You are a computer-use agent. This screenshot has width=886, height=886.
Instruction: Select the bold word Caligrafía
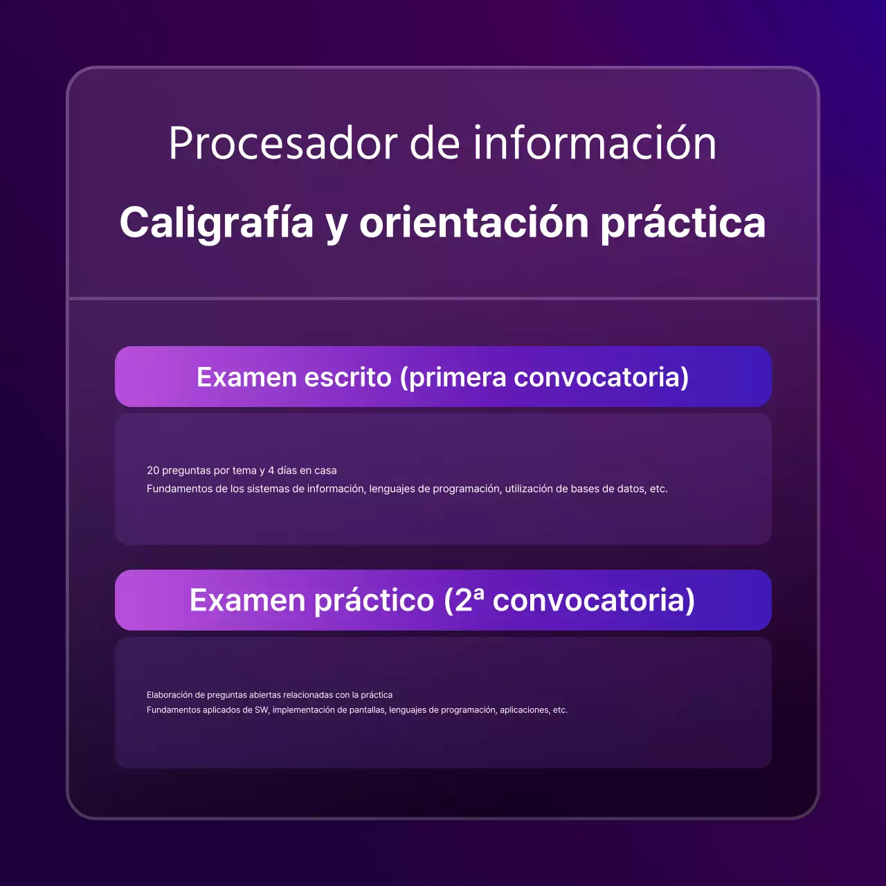(x=217, y=223)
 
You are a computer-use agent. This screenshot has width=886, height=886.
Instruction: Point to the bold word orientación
(x=473, y=223)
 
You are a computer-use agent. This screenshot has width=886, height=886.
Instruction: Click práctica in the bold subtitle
(x=682, y=223)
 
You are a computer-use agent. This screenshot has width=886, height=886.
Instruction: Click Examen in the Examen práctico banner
(x=247, y=600)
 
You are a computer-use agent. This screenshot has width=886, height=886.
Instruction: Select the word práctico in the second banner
(x=374, y=600)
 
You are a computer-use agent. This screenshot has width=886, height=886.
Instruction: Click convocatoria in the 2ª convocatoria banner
(x=593, y=600)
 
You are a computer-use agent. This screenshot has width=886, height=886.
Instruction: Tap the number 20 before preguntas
(x=153, y=471)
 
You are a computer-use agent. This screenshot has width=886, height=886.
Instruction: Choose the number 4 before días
(x=271, y=471)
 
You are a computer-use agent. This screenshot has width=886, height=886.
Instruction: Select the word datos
(x=631, y=489)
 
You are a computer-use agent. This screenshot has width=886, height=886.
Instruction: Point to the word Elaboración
(x=170, y=695)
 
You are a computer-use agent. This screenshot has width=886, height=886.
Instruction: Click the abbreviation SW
(x=262, y=710)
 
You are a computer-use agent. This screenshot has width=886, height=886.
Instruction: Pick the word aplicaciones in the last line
(x=524, y=710)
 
